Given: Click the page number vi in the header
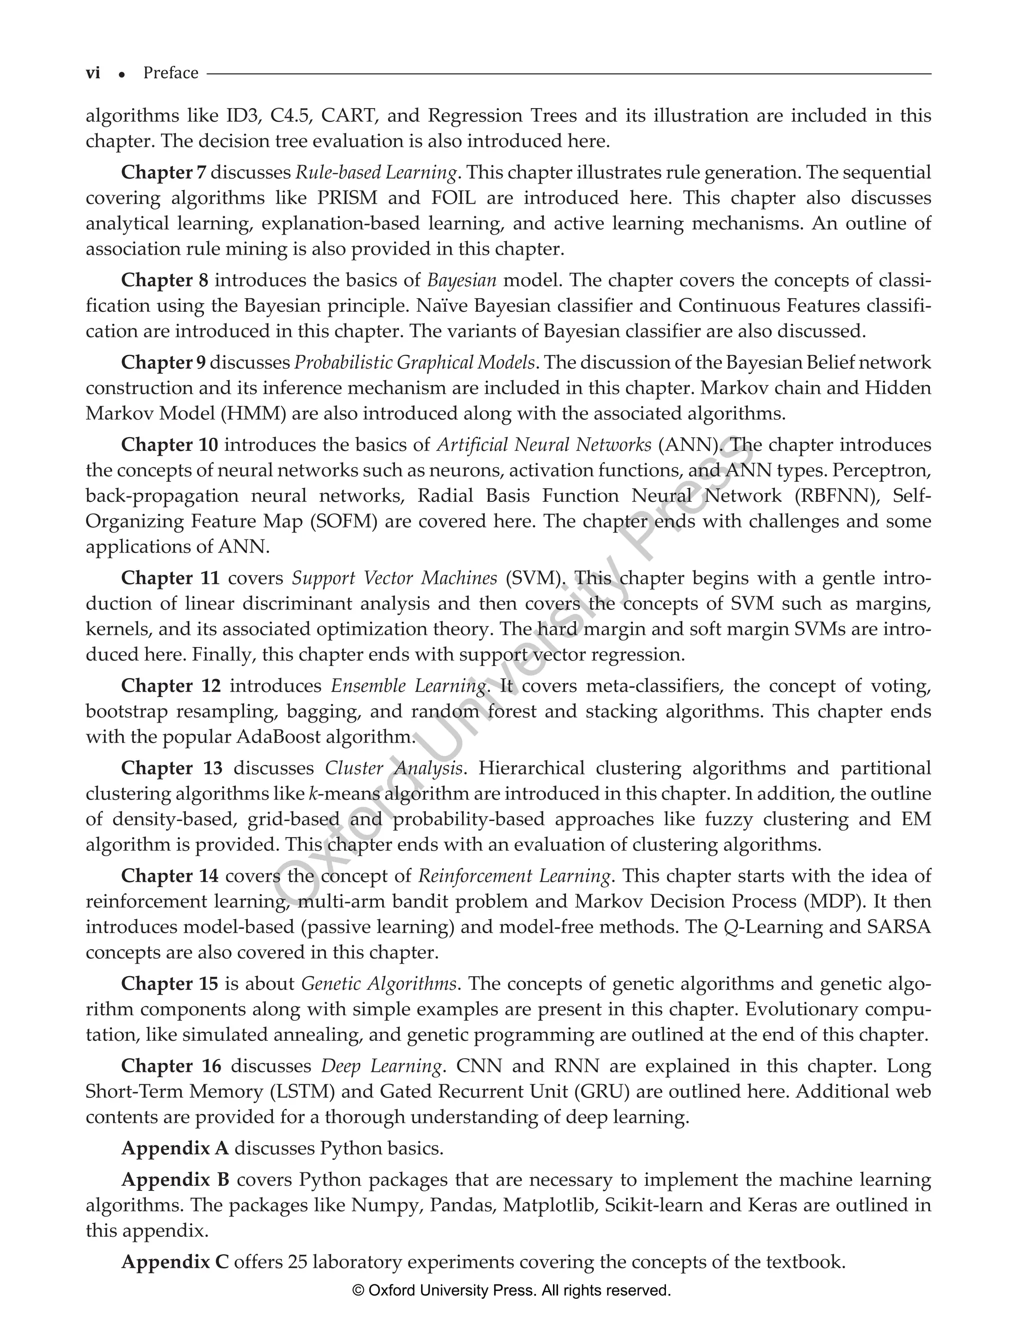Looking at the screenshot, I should [92, 73].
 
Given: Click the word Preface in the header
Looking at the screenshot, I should [170, 73].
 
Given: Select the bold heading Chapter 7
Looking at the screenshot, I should [163, 173].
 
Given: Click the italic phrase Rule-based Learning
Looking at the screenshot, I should [376, 173].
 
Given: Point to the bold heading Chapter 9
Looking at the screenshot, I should [163, 363].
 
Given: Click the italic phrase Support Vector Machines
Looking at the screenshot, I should [394, 578].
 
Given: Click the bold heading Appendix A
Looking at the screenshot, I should [175, 1149].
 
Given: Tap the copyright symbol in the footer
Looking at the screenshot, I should [358, 1291].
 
